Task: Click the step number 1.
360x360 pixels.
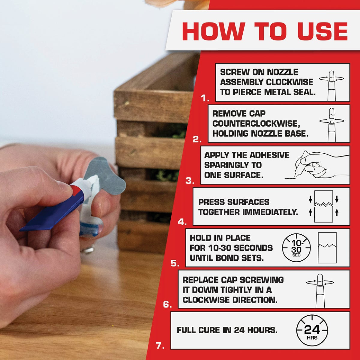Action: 205,98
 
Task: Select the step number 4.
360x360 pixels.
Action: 182,222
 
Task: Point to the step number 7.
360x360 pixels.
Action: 160,346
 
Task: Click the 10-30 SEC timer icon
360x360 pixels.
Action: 296,248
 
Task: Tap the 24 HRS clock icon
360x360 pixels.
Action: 312,331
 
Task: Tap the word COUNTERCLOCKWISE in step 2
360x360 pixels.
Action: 256,124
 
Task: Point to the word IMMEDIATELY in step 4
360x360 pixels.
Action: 270,212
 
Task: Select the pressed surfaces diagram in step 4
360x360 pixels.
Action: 323,206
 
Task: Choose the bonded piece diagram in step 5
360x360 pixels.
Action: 327,248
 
